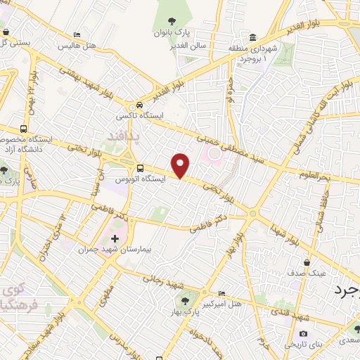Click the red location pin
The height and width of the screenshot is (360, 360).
click(181, 165)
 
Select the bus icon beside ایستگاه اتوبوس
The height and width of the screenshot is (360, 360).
click(140, 169)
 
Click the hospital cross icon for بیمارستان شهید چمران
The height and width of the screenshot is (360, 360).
click(115, 239)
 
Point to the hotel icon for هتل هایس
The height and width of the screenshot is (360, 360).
click(77, 34)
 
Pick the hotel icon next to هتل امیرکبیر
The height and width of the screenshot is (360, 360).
click(222, 294)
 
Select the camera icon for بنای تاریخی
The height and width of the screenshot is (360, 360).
click(303, 333)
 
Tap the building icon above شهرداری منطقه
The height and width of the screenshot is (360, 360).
click(252, 38)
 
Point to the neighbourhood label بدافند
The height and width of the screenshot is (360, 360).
click(127, 134)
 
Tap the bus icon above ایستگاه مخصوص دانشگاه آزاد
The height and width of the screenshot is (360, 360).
click(25, 130)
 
